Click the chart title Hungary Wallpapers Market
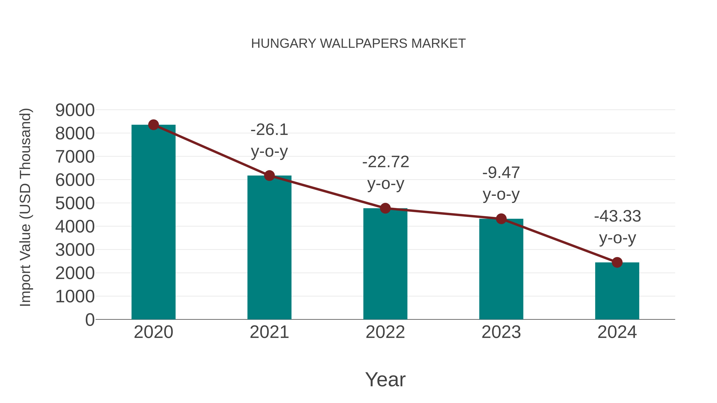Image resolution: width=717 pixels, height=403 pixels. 358,44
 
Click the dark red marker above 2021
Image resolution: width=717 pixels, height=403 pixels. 269,176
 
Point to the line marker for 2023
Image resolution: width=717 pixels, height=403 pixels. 501,219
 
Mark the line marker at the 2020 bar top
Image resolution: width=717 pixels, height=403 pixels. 153,125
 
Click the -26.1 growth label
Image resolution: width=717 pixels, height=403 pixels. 269,130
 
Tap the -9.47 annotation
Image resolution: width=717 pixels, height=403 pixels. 501,173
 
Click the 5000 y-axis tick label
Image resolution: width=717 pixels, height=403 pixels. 75,203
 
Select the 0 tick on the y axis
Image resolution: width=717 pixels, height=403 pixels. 90,320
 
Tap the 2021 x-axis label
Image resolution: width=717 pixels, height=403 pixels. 269,332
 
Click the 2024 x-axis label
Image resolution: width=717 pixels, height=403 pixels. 617,332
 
